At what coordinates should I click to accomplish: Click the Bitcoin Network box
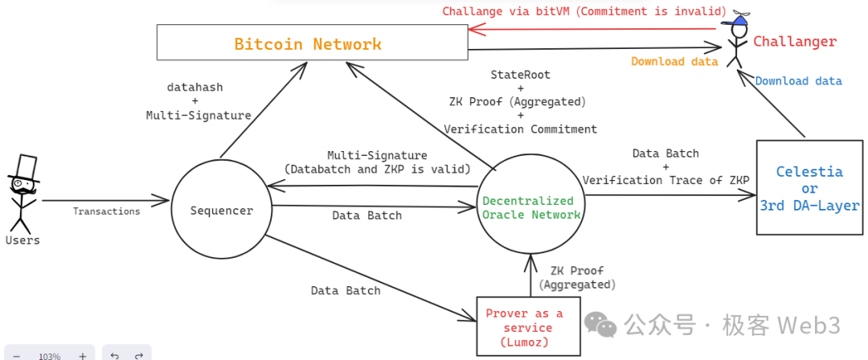click(x=312, y=42)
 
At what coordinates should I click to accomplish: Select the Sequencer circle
click(x=222, y=211)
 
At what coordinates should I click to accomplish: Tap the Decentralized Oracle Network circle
click(x=529, y=207)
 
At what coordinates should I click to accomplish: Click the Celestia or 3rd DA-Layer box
click(x=809, y=188)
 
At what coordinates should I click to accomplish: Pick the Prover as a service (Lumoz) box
click(x=528, y=327)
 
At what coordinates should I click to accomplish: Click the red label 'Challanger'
click(x=794, y=42)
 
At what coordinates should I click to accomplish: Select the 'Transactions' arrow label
click(x=106, y=211)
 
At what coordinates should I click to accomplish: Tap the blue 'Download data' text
click(x=798, y=81)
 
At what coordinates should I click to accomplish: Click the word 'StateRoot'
click(x=521, y=75)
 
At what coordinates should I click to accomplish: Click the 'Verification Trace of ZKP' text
click(x=665, y=180)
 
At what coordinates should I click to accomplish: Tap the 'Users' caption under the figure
click(x=23, y=240)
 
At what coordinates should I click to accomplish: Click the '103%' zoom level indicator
click(x=49, y=355)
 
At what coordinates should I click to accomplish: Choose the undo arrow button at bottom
click(x=115, y=355)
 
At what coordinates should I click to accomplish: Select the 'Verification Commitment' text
click(x=521, y=129)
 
